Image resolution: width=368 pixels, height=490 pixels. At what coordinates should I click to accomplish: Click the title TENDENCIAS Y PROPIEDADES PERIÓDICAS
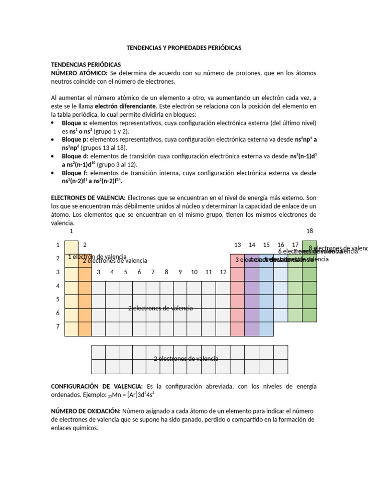tap(184, 48)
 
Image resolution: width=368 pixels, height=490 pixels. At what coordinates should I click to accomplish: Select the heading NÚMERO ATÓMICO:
tap(80, 73)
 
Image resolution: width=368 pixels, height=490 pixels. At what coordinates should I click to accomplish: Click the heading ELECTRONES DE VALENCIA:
tap(88, 198)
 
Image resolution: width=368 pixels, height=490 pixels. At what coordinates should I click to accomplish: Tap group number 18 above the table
tap(309, 231)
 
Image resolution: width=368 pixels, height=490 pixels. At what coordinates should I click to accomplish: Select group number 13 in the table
tap(237, 245)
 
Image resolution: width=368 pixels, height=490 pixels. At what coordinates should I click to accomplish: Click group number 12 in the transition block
tap(223, 272)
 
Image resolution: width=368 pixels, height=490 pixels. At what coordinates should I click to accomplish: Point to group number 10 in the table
tap(194, 272)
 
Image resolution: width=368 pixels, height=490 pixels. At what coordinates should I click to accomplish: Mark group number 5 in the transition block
tap(126, 272)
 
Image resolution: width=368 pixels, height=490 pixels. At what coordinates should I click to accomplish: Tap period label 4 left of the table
tap(57, 286)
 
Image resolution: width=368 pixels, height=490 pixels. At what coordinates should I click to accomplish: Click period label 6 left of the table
tap(57, 313)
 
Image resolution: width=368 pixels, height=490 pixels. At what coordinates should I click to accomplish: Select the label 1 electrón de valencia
tap(97, 257)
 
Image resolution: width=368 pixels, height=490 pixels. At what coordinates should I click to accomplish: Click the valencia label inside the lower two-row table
tap(186, 358)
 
